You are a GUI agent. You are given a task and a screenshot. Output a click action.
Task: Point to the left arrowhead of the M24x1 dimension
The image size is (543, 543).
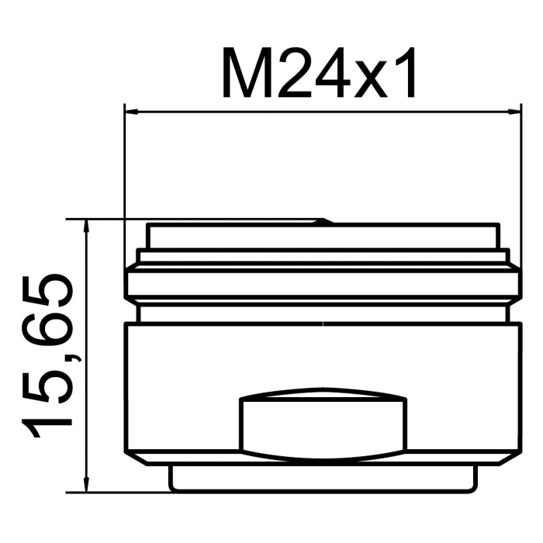click(133, 111)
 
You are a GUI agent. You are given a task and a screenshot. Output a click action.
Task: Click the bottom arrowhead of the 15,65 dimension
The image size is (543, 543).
click(88, 484)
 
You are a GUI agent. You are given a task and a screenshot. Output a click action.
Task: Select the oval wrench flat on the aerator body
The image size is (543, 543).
click(323, 423)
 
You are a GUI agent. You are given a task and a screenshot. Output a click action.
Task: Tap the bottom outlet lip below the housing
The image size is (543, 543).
click(323, 478)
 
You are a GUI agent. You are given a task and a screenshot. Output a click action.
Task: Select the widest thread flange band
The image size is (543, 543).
click(323, 284)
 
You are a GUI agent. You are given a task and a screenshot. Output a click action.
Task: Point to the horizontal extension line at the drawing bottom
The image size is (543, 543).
click(116, 492)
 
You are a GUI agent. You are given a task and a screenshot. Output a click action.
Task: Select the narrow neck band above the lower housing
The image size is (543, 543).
click(323, 313)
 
